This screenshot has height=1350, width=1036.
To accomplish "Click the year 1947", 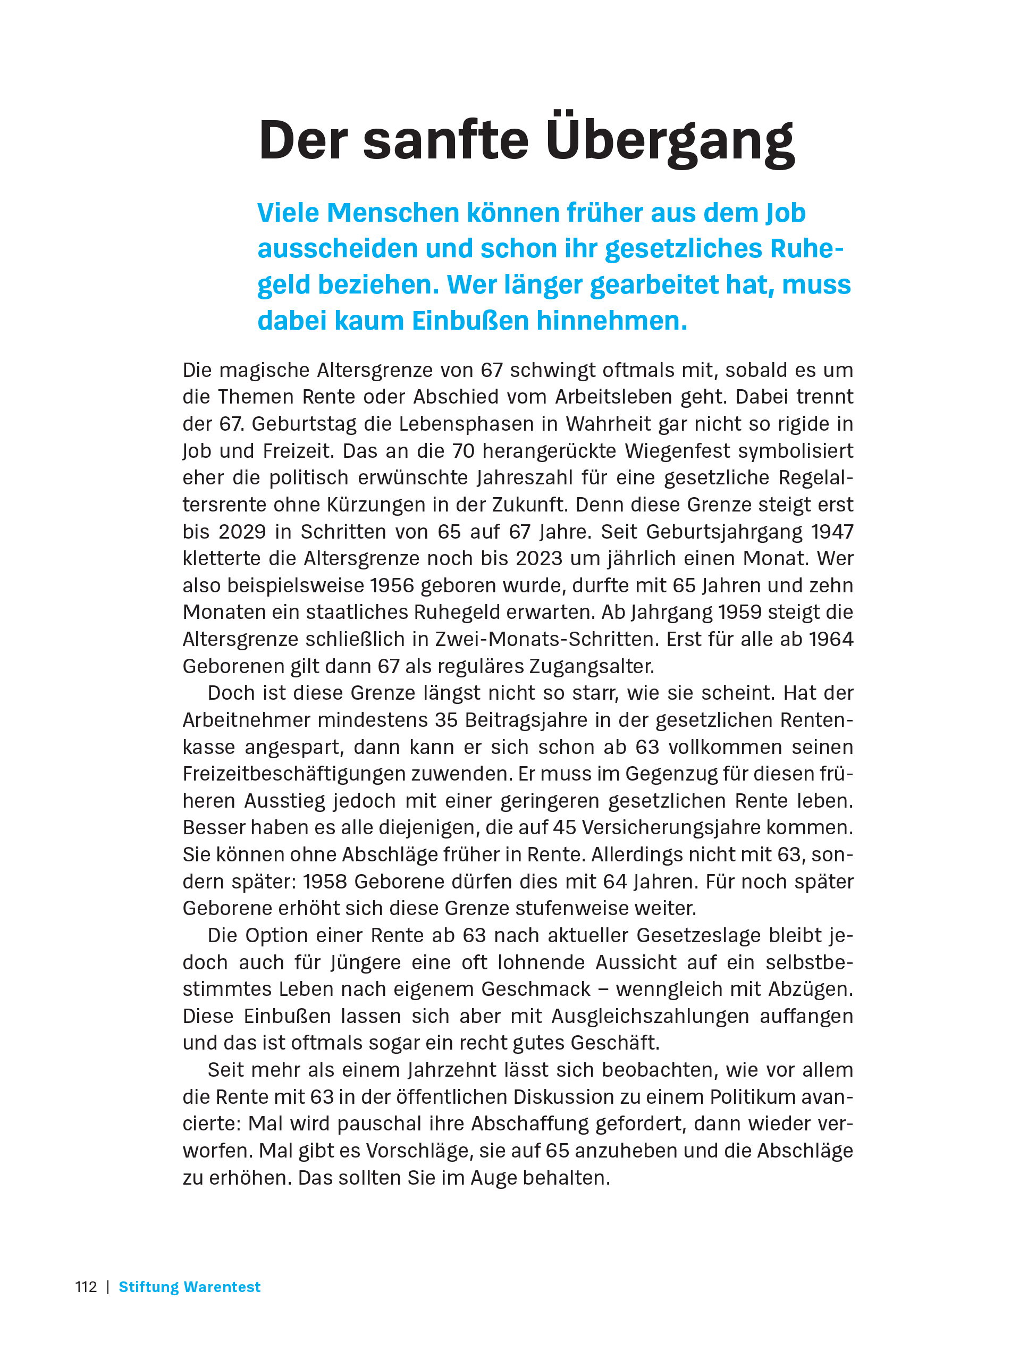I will coord(832,532).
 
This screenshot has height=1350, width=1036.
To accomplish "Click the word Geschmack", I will coord(536,988).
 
